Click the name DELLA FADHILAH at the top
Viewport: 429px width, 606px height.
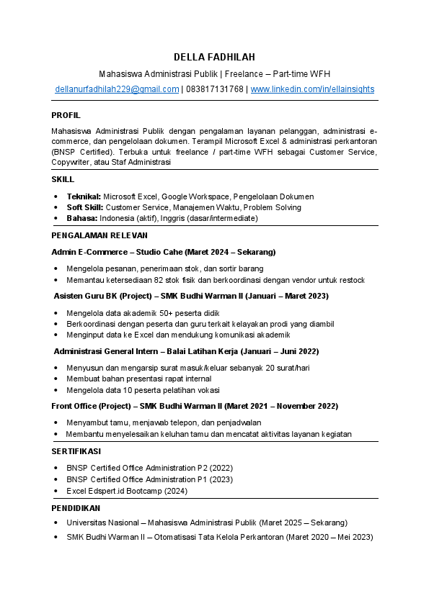[x=214, y=57]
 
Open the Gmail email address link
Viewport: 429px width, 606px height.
[x=117, y=89]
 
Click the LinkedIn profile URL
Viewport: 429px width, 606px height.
[x=312, y=89]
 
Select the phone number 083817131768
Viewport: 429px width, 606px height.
[x=215, y=89]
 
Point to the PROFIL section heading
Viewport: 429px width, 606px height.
[x=66, y=115]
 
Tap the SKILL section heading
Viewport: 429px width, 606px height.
[x=63, y=180]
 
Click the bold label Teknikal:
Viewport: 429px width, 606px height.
[x=84, y=196]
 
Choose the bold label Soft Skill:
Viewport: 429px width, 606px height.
[x=85, y=207]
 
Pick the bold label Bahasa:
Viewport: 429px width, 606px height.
[x=82, y=218]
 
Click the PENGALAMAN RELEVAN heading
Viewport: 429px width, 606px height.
[x=99, y=235]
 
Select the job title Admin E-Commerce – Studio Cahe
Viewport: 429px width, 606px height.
[x=113, y=252]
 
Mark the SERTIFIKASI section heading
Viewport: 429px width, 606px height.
[x=76, y=451]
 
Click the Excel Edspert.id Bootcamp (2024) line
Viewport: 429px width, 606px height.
[x=127, y=491]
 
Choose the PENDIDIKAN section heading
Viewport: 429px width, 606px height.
[x=74, y=507]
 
